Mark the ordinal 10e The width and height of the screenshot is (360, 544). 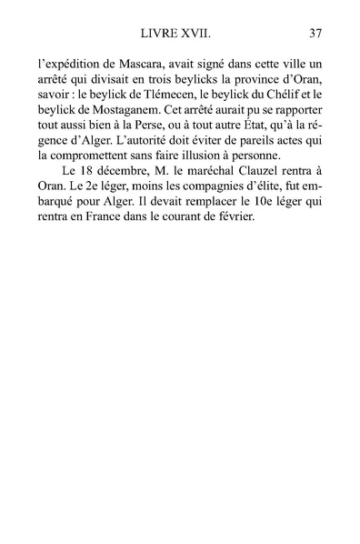266,235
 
